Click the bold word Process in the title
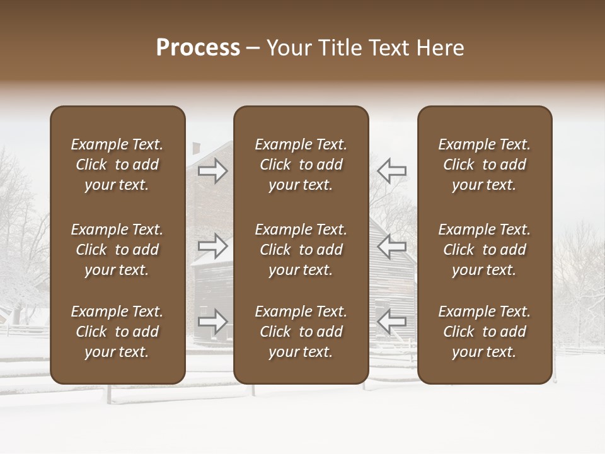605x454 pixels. (x=198, y=48)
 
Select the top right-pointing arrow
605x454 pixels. (x=213, y=170)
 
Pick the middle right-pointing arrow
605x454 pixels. (x=213, y=246)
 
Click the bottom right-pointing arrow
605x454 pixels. (x=213, y=322)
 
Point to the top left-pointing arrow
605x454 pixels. (x=391, y=170)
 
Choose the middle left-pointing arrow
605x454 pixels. (x=391, y=246)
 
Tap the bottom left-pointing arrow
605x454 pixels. (x=391, y=322)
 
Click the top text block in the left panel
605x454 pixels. (x=117, y=165)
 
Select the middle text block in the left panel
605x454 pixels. (x=117, y=250)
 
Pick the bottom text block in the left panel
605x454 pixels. (x=117, y=332)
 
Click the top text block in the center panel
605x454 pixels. (x=301, y=165)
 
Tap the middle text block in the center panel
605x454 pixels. (x=301, y=250)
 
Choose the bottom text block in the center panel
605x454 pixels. (x=301, y=332)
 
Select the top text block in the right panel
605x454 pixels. (x=485, y=165)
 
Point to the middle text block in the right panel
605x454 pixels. (x=485, y=250)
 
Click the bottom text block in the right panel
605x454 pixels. (x=485, y=332)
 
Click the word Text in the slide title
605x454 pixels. (x=384, y=48)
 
